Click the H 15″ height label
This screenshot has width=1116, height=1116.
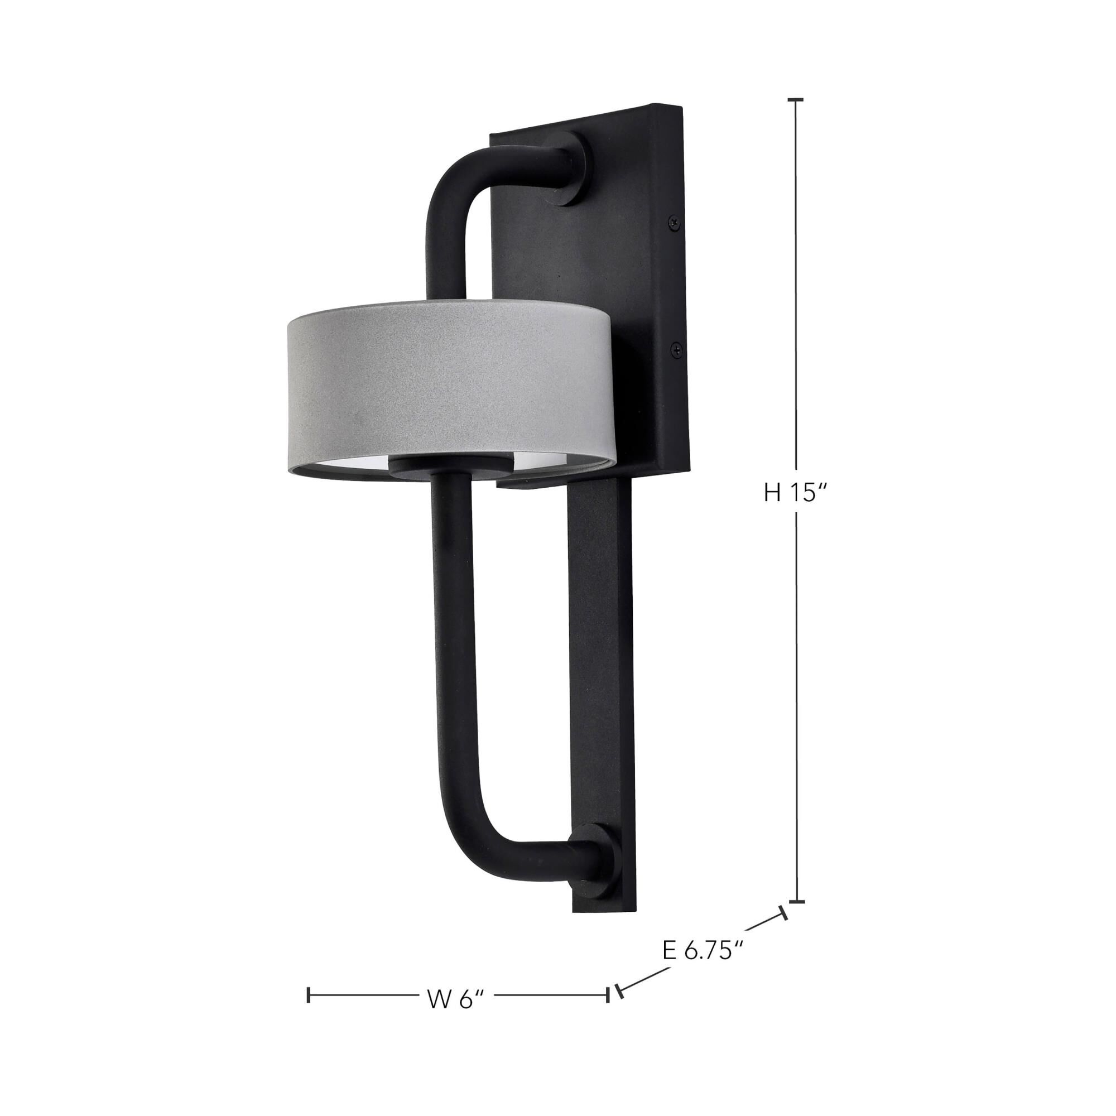click(x=797, y=493)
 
